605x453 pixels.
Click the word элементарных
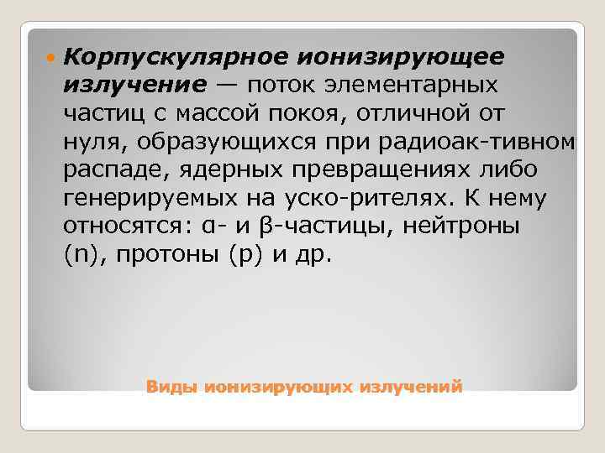(x=412, y=85)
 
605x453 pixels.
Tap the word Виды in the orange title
(x=170, y=388)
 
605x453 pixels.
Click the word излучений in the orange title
(x=410, y=388)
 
